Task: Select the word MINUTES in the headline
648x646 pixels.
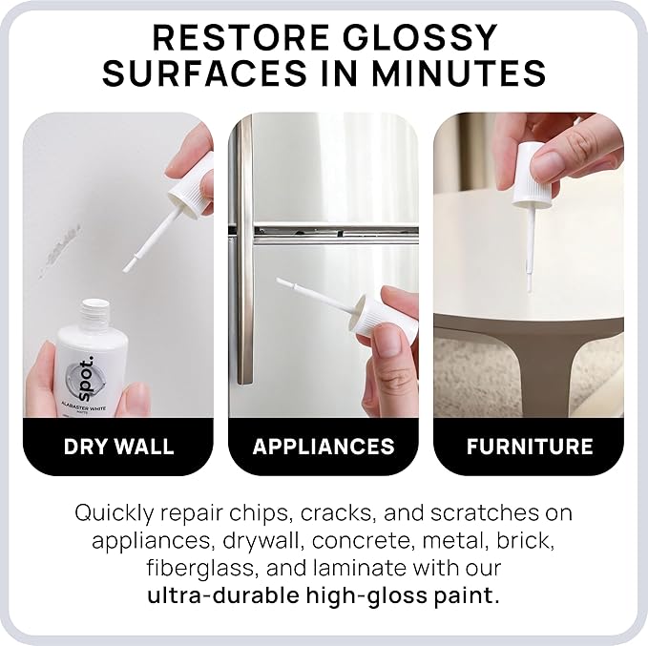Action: click(x=459, y=73)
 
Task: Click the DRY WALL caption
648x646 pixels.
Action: click(x=119, y=447)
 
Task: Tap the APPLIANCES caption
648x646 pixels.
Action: click(x=324, y=447)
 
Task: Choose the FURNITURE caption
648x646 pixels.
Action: click(x=530, y=447)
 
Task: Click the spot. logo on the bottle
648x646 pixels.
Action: click(x=84, y=379)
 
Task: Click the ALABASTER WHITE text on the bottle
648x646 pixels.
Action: click(x=84, y=406)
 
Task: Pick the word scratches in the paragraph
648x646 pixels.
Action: click(x=485, y=512)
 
